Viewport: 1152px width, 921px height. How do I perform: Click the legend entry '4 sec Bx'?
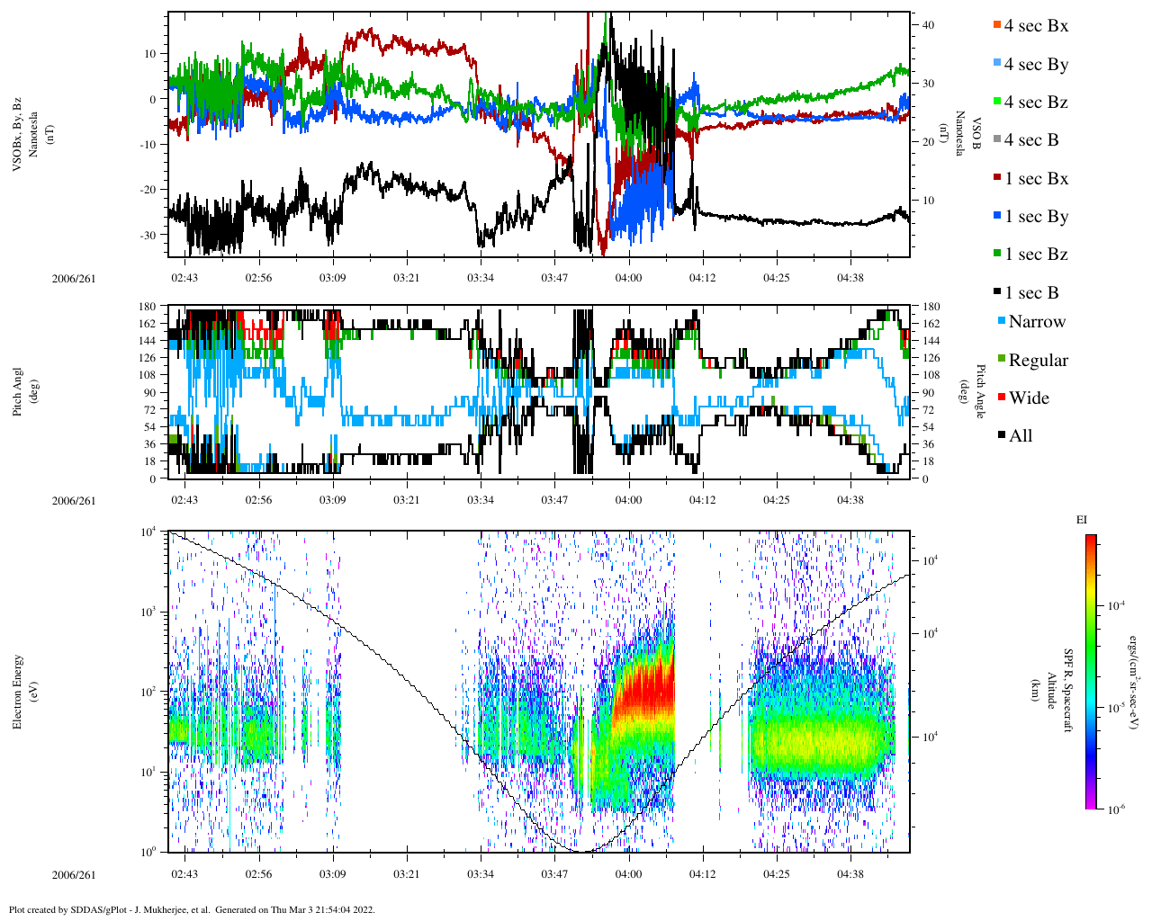pos(1035,26)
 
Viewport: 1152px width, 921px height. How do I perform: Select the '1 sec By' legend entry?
pos(1035,217)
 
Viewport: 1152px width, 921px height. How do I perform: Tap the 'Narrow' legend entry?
pos(1036,322)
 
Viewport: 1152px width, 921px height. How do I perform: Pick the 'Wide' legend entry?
pos(1028,398)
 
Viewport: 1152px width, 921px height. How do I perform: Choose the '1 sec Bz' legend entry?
pos(1035,255)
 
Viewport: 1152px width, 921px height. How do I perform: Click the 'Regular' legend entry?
pos(1038,361)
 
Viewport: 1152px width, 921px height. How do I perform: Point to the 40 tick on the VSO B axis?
pos(928,25)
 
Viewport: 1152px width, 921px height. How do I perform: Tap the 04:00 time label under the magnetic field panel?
pos(628,278)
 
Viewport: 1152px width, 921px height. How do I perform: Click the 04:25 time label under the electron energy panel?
pos(776,873)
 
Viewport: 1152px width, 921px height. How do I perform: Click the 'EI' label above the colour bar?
pos(1081,520)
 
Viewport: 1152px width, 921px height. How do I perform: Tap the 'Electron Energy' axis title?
pos(18,691)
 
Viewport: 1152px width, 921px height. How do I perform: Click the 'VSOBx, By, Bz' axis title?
pos(18,135)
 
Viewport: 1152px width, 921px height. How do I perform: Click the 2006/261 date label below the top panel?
pos(74,279)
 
